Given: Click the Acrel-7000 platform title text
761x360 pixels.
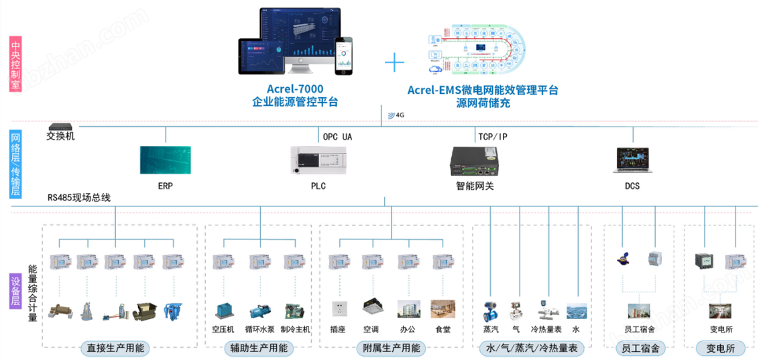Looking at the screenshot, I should click(294, 89).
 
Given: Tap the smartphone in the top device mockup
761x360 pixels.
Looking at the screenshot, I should click(345, 56).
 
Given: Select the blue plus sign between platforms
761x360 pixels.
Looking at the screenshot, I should click(395, 63).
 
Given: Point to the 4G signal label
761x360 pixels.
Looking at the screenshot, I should click(397, 115).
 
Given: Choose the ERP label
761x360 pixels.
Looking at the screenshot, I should click(165, 186).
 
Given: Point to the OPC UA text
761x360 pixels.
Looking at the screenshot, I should click(337, 137).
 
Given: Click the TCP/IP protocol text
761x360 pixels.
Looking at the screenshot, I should click(493, 137).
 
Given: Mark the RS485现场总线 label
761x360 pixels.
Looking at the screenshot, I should click(78, 197).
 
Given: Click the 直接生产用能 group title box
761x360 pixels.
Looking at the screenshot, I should click(116, 348).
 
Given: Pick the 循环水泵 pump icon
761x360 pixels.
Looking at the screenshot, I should click(259, 311).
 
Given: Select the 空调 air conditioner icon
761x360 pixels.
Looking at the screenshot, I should click(372, 308).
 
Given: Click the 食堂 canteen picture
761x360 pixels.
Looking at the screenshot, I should click(443, 309).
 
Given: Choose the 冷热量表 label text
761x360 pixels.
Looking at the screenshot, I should click(546, 329).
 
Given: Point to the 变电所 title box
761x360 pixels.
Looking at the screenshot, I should click(720, 348).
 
